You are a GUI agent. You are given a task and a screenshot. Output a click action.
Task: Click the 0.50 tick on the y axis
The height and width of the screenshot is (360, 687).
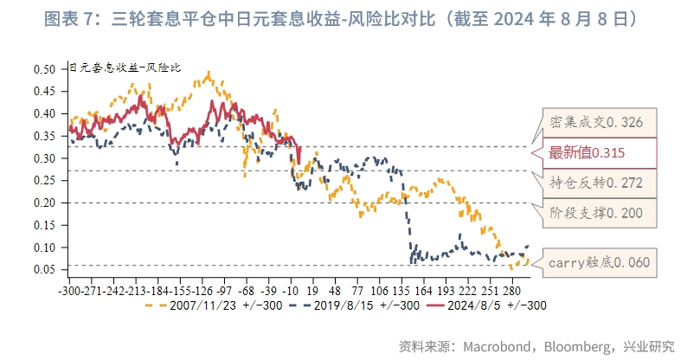[46, 69]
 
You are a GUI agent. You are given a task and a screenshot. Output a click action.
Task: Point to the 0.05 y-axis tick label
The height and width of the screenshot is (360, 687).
[46, 270]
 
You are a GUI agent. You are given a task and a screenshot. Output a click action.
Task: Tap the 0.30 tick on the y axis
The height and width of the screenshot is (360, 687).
[46, 158]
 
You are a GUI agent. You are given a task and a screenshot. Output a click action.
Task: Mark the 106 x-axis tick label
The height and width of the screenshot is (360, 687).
[378, 291]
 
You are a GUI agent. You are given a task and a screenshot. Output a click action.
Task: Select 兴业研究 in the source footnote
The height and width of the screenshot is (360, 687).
[649, 346]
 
